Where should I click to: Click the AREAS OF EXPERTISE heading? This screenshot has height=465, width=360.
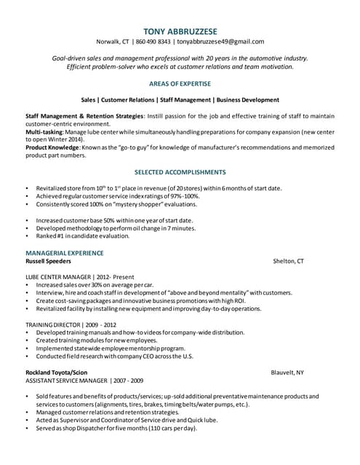[x=180, y=84]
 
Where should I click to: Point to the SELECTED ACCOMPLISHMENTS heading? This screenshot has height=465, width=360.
[x=180, y=172]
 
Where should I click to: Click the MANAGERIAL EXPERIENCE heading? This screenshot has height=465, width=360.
[x=65, y=252]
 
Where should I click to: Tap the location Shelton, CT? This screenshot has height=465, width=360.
[x=288, y=261]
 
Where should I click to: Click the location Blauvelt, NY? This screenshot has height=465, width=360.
[x=287, y=371]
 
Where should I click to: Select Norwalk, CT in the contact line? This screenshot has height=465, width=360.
[x=113, y=41]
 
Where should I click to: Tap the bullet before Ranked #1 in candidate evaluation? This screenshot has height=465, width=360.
[x=27, y=236]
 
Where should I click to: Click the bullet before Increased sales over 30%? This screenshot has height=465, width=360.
[x=27, y=285]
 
